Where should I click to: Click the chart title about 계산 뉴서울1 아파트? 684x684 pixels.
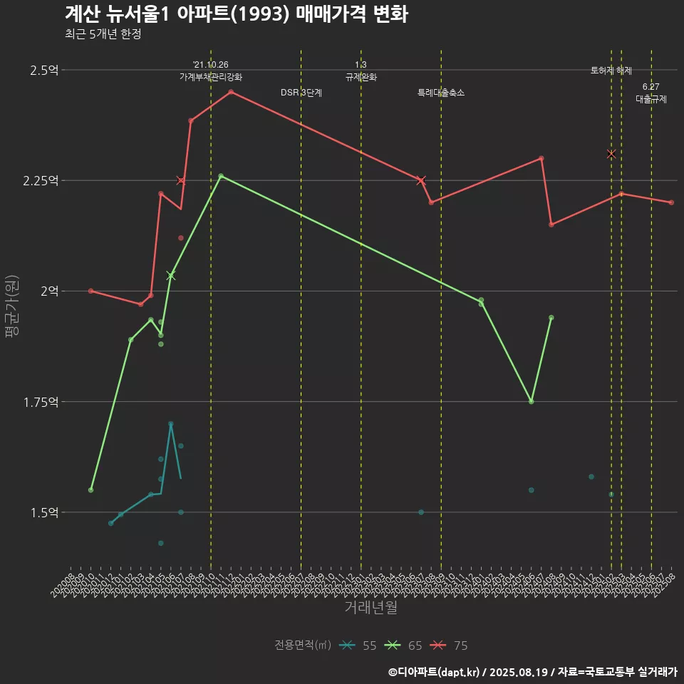[236, 14]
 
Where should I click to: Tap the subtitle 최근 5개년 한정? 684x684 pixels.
[103, 34]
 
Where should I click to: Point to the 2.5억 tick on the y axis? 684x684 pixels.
[44, 70]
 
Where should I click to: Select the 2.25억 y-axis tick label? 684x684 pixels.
[41, 180]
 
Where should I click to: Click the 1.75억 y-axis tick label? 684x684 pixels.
[41, 402]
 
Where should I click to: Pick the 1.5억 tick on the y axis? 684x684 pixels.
[44, 512]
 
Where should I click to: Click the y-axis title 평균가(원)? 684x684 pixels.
[11, 306]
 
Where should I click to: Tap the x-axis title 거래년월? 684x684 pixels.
[370, 608]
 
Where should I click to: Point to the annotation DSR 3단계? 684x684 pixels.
[301, 93]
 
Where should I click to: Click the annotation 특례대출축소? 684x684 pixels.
[441, 93]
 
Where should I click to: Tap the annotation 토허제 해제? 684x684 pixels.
[611, 71]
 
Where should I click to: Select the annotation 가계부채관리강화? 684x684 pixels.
[211, 77]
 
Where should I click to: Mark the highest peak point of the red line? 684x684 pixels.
[231, 92]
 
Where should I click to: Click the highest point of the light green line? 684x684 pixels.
[221, 176]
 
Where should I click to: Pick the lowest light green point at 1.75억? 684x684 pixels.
[532, 402]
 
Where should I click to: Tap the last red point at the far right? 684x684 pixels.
[671, 202]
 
